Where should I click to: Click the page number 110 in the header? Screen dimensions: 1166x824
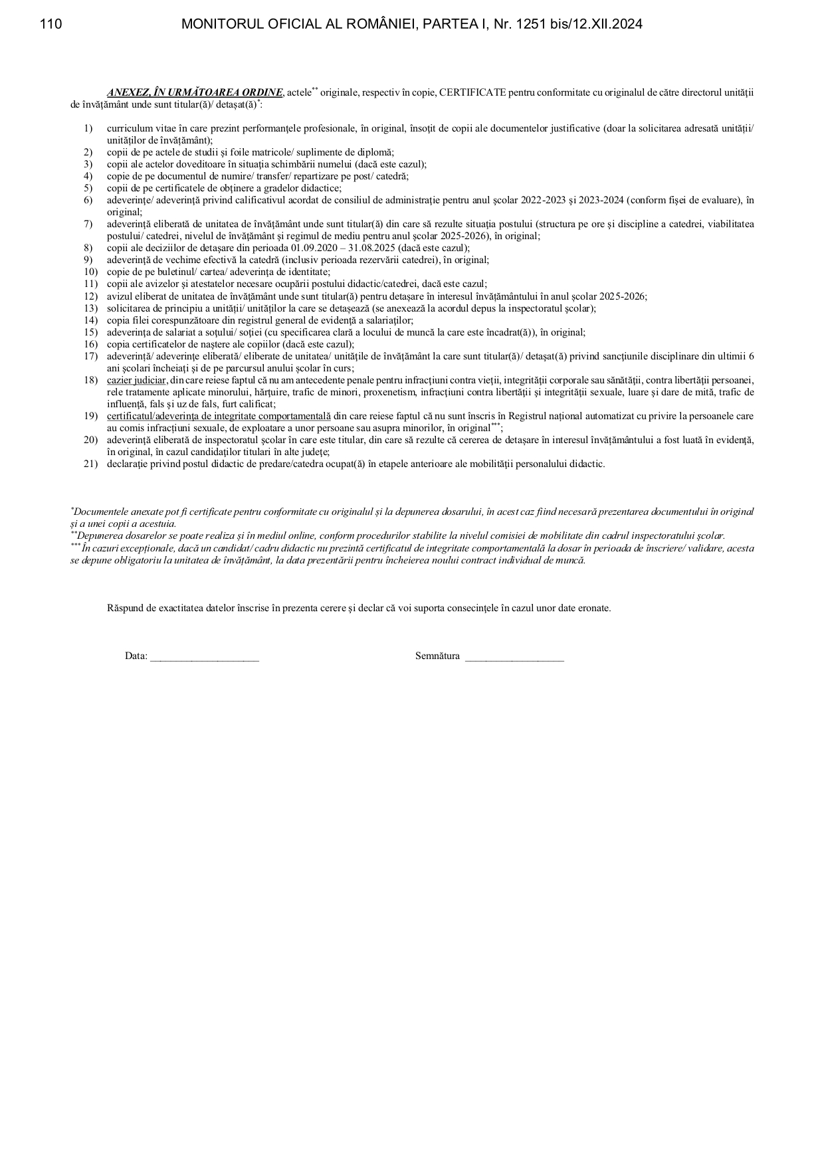point(51,25)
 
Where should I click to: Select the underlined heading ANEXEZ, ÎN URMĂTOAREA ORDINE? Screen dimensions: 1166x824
point(195,92)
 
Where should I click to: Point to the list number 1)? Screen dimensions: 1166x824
point(88,128)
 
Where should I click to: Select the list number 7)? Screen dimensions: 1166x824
point(88,224)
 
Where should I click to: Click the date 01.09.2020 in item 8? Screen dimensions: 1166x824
point(313,248)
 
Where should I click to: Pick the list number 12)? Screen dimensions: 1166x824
point(90,296)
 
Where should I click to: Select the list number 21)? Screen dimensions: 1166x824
point(90,464)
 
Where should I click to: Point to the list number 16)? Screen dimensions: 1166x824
point(90,344)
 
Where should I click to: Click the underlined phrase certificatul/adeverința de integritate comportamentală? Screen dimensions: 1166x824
point(219,416)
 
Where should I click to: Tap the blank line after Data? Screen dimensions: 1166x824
point(205,657)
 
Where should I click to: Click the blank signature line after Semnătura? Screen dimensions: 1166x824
point(514,657)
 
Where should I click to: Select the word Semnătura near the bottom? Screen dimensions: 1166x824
point(437,656)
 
